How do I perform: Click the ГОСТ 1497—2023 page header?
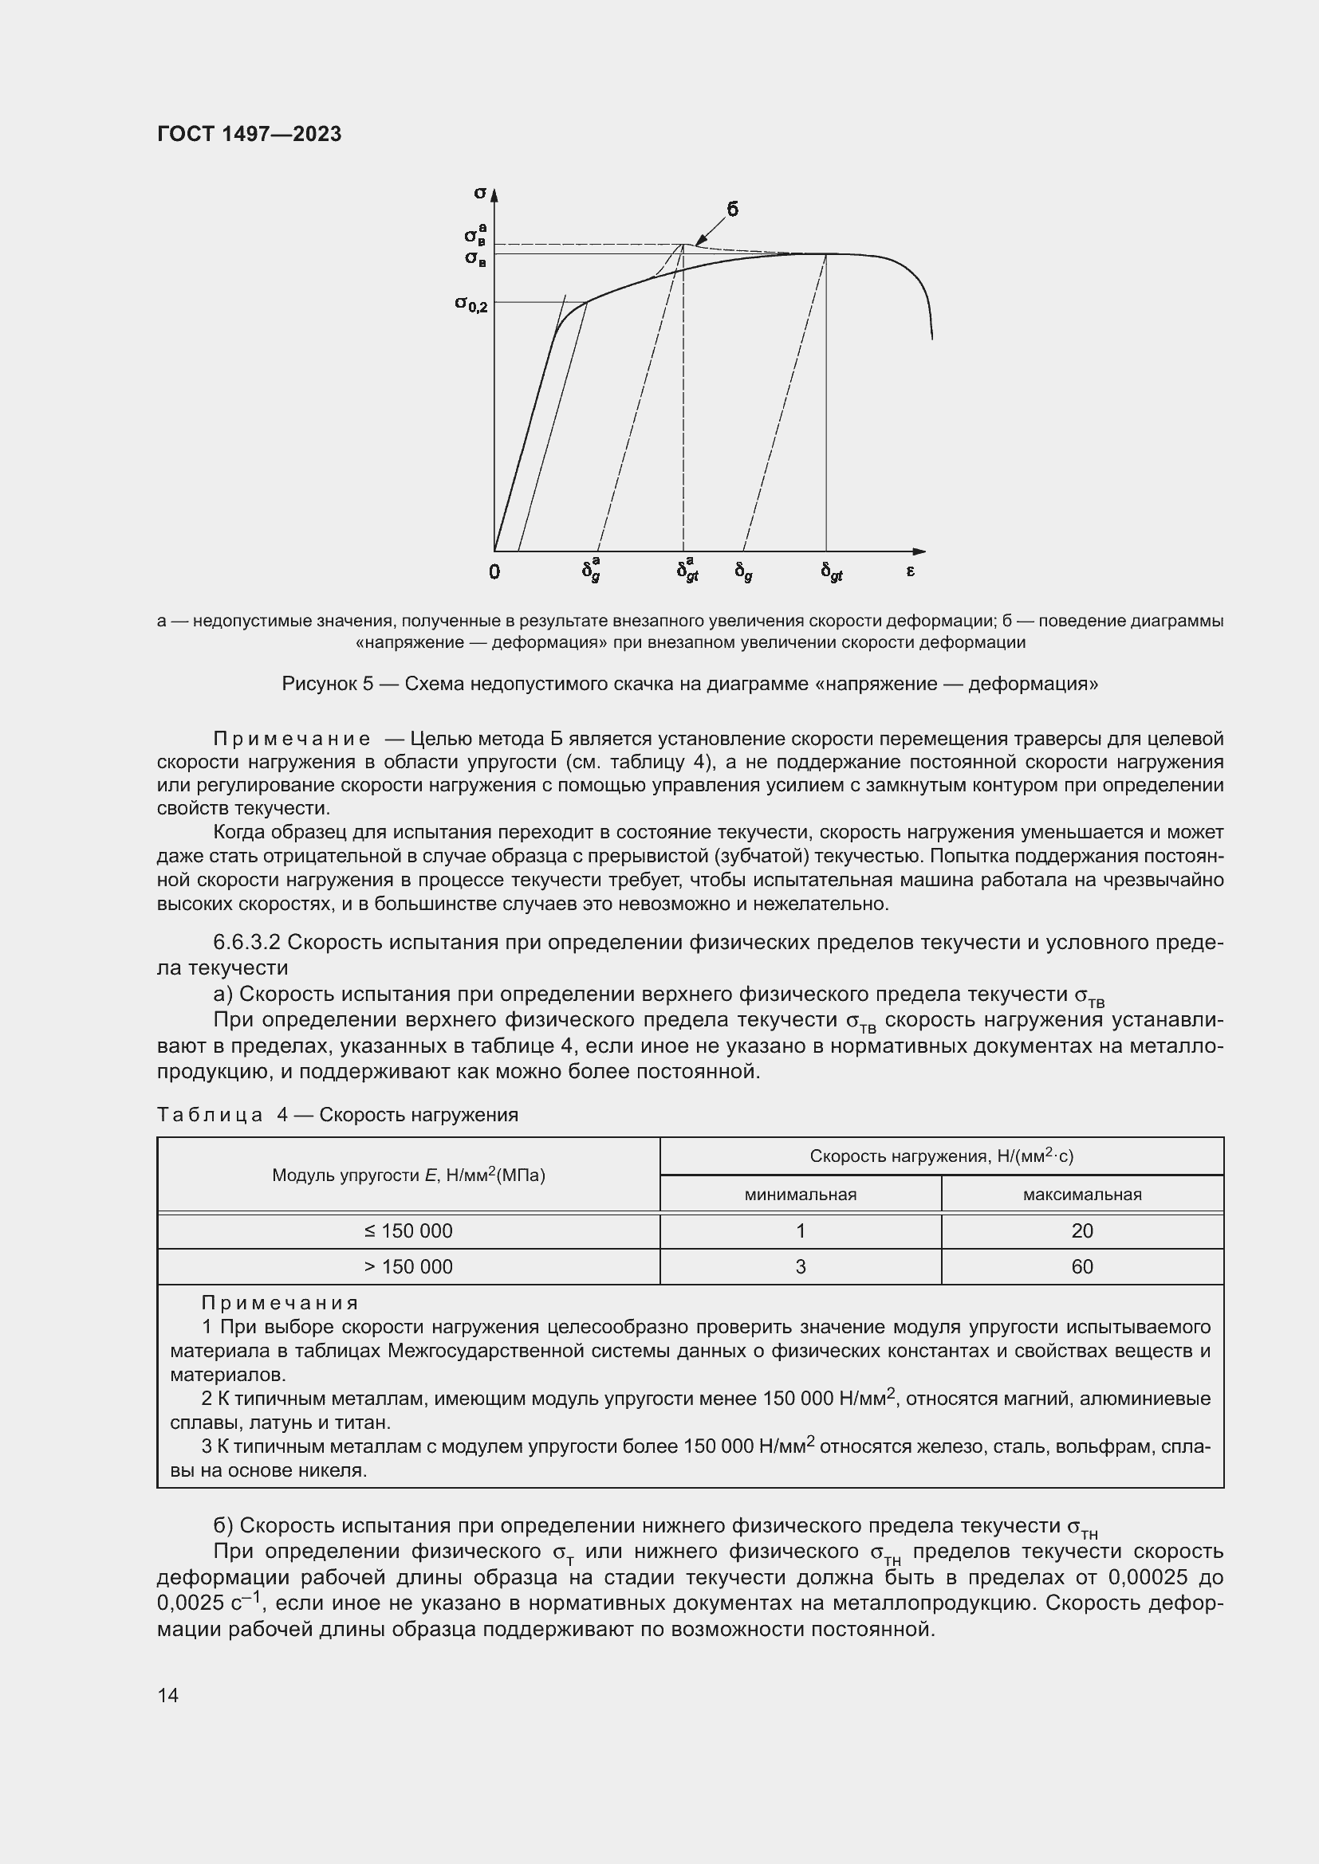tap(250, 134)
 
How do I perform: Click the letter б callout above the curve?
tap(732, 210)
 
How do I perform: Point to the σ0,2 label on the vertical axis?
tap(471, 304)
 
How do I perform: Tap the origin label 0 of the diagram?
tap(494, 572)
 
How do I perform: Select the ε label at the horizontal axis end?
tap(911, 571)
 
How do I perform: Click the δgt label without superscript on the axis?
tap(831, 572)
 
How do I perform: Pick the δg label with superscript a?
tap(591, 570)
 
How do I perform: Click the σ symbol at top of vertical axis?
tap(479, 193)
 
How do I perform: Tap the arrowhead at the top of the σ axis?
tap(494, 194)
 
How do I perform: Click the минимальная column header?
tap(800, 1195)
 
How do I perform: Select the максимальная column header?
tap(1082, 1195)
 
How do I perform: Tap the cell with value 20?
tap(1082, 1230)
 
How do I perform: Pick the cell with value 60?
tap(1082, 1266)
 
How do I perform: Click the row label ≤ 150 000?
tap(408, 1230)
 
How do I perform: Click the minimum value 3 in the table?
tap(800, 1266)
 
